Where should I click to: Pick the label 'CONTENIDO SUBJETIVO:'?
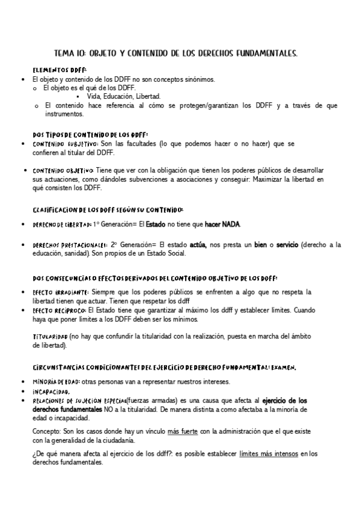pyautogui.click(x=66, y=144)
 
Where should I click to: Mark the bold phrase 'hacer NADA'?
pyautogui.click(x=222, y=224)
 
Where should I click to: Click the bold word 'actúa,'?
pyautogui.click(x=198, y=245)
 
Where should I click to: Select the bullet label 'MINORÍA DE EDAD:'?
pyautogui.click(x=56, y=382)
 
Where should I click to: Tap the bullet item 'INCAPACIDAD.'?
pyautogui.click(x=52, y=391)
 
